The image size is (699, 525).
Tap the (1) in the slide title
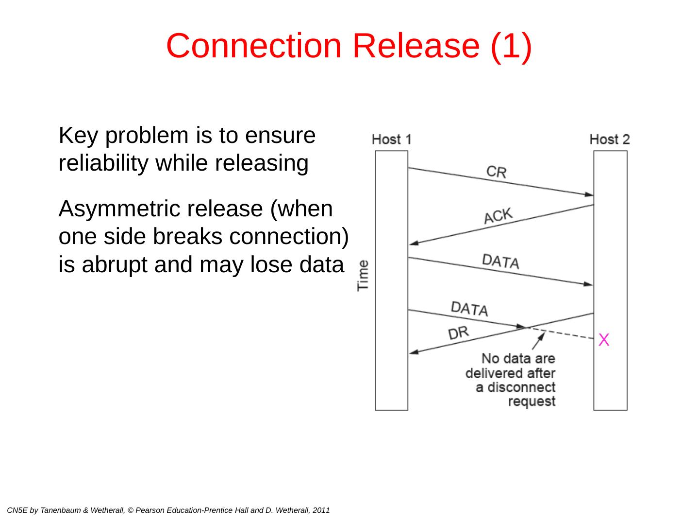click(511, 46)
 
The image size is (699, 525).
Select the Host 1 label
click(391, 140)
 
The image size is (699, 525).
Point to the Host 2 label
click(610, 140)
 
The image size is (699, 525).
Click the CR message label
click(496, 172)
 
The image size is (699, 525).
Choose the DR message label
click(458, 333)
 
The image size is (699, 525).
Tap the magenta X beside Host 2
click(604, 340)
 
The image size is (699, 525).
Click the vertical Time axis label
click(363, 275)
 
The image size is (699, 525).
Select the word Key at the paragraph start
click(74, 135)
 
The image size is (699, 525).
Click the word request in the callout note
click(532, 402)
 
